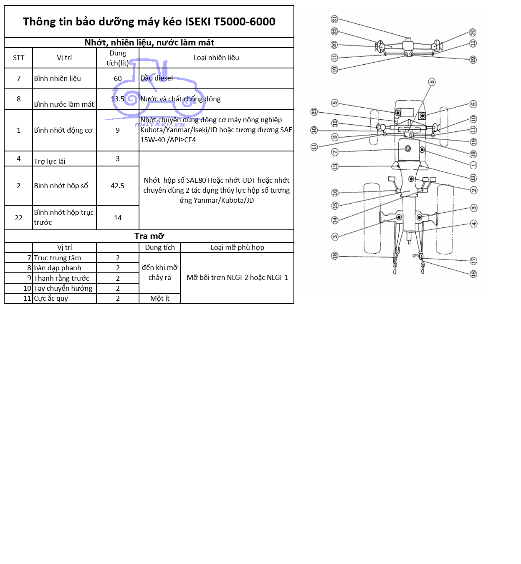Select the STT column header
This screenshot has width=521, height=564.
(x=18, y=58)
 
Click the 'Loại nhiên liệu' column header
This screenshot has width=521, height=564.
(x=216, y=58)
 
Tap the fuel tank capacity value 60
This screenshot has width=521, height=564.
(x=118, y=78)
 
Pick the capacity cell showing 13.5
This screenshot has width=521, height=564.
(x=118, y=99)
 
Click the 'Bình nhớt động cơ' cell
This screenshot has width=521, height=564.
(x=63, y=130)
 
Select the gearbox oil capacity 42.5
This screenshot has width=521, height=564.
(x=118, y=186)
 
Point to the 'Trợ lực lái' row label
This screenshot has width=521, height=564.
(x=50, y=161)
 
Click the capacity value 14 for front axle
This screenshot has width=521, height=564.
(x=118, y=218)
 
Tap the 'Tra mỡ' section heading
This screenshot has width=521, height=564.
(x=149, y=236)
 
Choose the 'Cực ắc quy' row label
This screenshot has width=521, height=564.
(x=51, y=298)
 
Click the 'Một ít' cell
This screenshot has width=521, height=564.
(x=160, y=298)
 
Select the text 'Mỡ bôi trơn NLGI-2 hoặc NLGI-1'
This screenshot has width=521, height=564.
(x=237, y=277)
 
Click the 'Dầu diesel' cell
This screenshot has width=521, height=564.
(x=157, y=78)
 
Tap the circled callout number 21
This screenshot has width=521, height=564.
(x=334, y=19)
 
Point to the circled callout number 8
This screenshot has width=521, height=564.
(x=432, y=82)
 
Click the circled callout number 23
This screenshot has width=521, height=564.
(x=314, y=112)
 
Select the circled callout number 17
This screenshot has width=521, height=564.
(x=474, y=261)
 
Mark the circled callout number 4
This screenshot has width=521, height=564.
(x=474, y=224)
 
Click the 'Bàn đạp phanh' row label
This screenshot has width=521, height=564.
(x=58, y=268)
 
